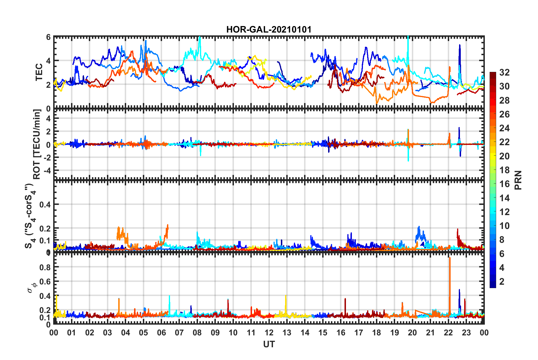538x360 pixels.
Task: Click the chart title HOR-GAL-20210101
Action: click(269, 29)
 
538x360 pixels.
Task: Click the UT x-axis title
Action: click(269, 344)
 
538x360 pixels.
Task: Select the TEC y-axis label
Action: click(39, 72)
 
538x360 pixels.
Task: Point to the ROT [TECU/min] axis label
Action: click(37, 144)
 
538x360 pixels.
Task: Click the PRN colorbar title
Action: click(518, 180)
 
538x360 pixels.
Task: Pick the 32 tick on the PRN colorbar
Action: click(504, 72)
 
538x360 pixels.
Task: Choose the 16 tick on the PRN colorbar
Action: click(504, 184)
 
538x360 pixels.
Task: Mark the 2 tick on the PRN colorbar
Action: click(502, 281)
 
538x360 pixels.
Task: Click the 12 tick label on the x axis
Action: click(269, 333)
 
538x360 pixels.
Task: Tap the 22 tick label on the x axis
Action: click(448, 333)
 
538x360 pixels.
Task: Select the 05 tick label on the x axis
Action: click(143, 333)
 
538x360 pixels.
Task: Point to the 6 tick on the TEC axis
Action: click(48, 37)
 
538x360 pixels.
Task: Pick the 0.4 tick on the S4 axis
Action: click(45, 204)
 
